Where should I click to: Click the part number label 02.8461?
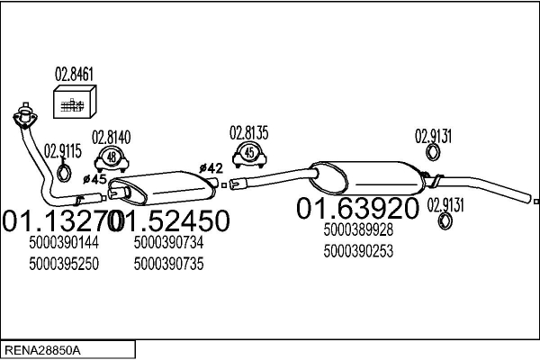coord(76,74)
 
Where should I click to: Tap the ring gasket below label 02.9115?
coord(65,171)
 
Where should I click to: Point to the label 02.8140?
coord(112,137)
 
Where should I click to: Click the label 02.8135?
coord(248,132)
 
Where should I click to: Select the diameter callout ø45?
coord(95,179)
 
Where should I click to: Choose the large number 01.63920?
coord(357,209)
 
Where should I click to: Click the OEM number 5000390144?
coord(63,242)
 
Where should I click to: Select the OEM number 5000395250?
coord(63,264)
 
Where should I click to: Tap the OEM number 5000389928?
coord(358,230)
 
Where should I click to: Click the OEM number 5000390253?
coord(358,251)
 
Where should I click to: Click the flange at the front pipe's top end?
coord(24,115)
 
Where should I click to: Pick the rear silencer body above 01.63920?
coord(364,175)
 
